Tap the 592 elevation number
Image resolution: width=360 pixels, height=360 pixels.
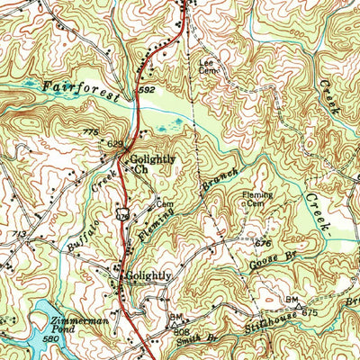pos(147,91)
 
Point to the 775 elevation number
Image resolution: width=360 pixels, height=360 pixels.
pos(89,133)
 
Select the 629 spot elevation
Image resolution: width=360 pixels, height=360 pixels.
pos(114,143)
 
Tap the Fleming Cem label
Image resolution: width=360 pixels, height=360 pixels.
pos(256,199)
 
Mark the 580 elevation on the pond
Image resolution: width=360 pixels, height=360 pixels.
pos(49,339)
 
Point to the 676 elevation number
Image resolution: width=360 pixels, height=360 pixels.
pos(263,243)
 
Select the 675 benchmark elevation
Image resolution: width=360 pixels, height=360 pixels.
pos(310,312)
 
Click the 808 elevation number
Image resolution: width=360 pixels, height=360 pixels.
pos(181,330)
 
